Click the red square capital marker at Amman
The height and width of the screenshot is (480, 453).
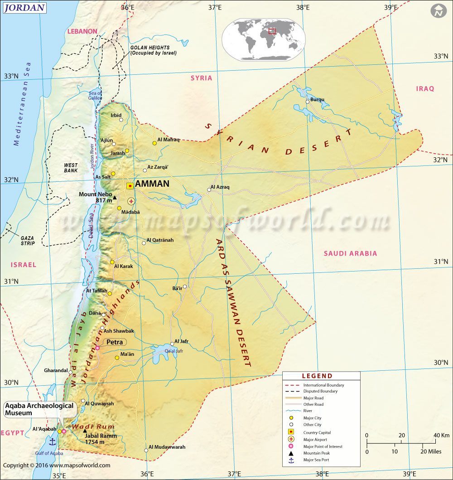[130, 185]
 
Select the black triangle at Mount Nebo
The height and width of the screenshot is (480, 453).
[115, 198]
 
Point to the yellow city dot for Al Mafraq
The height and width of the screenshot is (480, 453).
[155, 143]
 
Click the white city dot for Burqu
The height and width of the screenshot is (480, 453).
[307, 102]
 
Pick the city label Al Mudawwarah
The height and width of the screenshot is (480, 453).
[167, 447]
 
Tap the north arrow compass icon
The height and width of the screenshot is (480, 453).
[438, 11]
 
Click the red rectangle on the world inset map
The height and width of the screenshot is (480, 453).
[272, 31]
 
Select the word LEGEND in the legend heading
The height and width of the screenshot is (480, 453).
[317, 376]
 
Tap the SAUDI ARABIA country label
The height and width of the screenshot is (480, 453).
[350, 253]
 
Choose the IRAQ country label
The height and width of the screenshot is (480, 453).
[425, 89]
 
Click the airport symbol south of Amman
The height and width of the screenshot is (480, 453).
[131, 201]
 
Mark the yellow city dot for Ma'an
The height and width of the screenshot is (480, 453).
[117, 358]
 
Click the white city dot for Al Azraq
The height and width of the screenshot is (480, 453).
[209, 190]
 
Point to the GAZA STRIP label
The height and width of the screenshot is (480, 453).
[28, 240]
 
